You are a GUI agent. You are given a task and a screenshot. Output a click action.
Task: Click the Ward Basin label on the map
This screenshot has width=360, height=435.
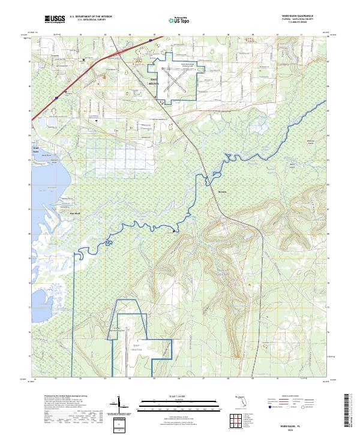(x=35, y=148)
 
